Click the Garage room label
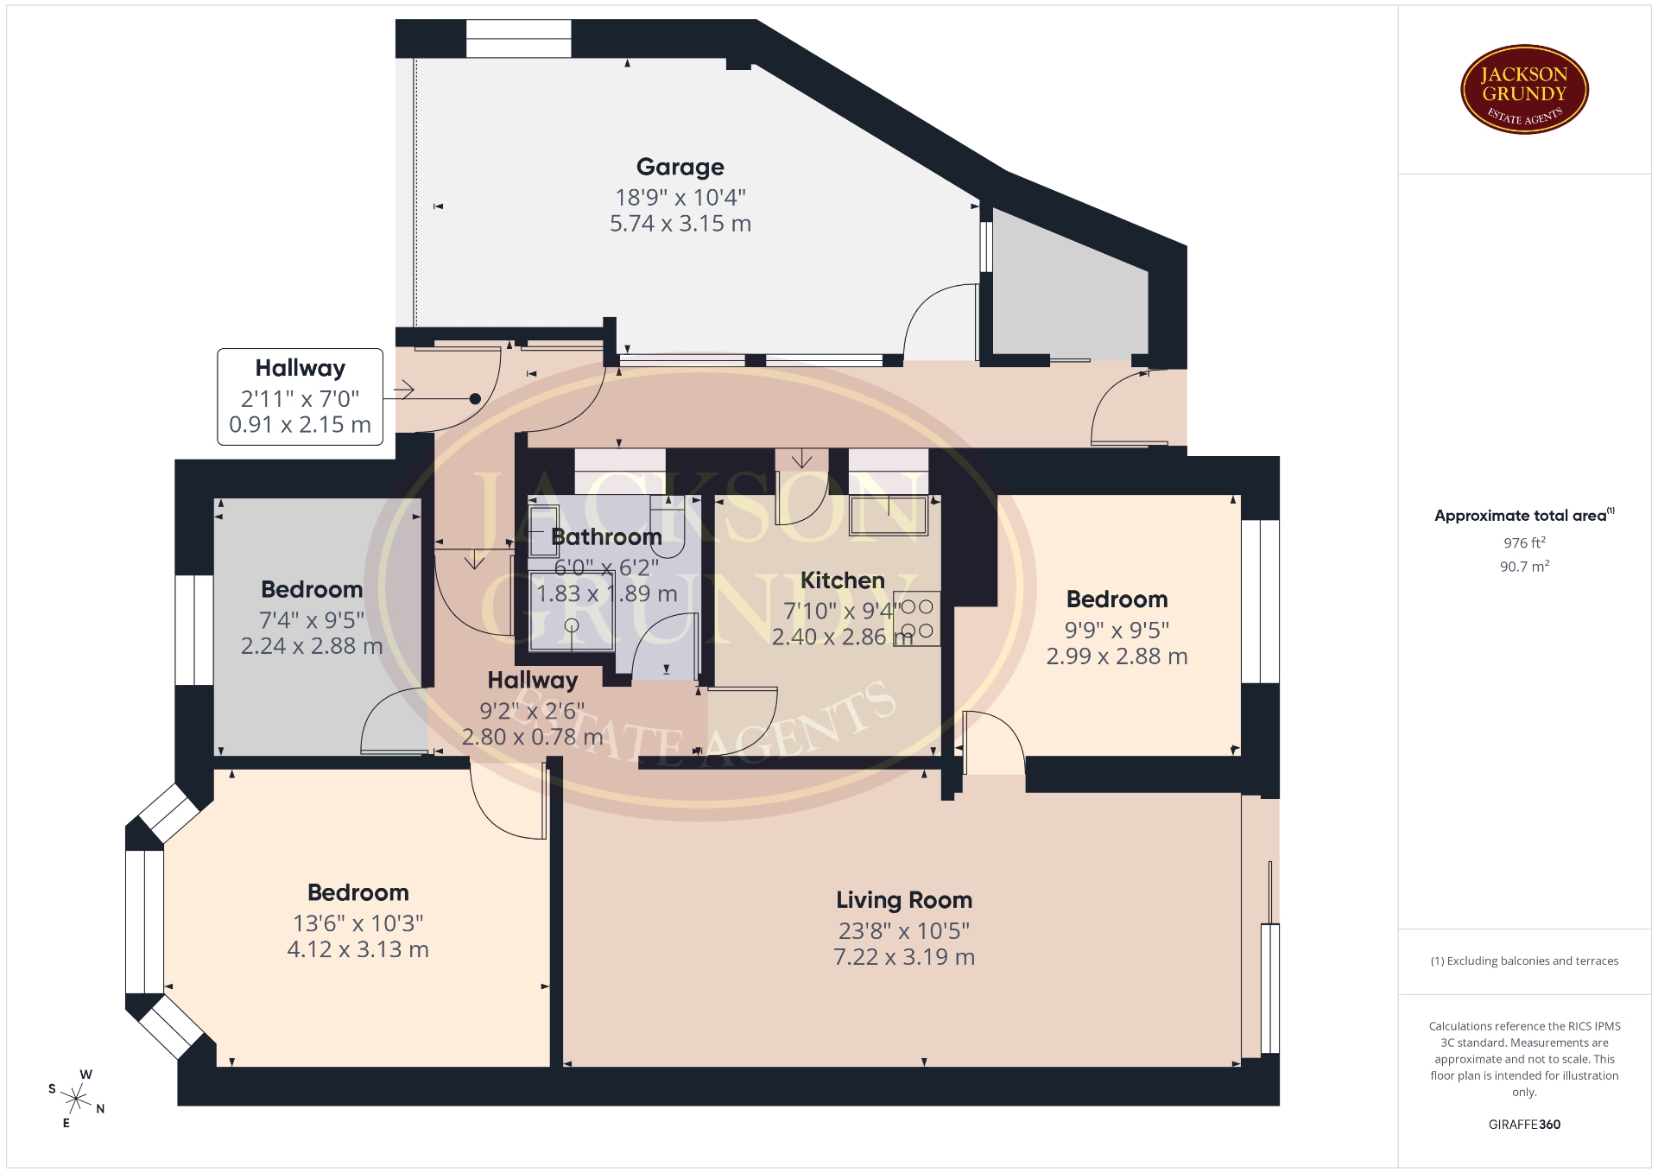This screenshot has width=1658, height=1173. coord(680,167)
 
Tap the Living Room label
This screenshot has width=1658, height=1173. coord(904,900)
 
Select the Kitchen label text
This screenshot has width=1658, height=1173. coord(842,580)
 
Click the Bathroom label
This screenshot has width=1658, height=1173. coord(606,536)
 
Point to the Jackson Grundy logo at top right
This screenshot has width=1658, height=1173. coord(1524,90)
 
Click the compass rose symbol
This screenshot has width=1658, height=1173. coord(76,1099)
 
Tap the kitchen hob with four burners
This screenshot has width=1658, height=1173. coord(917,619)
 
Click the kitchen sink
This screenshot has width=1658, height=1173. coord(889,516)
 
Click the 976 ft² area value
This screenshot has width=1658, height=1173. coord(1524,542)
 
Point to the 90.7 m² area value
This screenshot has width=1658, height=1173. coord(1524,567)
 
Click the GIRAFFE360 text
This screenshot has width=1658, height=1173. coord(1524,1124)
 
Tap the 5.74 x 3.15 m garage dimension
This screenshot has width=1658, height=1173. coord(680,224)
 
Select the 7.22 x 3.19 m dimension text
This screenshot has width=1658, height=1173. coord(904,957)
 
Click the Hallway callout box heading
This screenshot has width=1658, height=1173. coord(300,368)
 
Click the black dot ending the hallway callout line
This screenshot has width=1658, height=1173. coord(475,398)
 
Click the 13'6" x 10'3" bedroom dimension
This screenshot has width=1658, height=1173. coord(358,923)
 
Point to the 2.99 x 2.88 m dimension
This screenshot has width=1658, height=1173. coord(1117,656)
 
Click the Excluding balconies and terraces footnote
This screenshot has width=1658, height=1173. coord(1524,961)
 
